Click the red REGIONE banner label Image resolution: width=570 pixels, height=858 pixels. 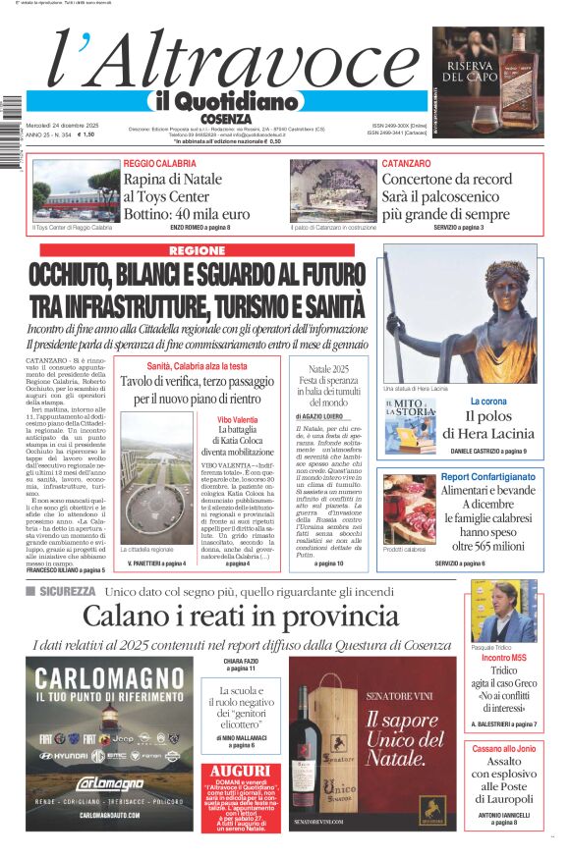click(x=198, y=251)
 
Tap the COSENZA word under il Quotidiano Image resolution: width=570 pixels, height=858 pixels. click(x=225, y=118)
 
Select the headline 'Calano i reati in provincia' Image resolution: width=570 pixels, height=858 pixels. click(x=240, y=617)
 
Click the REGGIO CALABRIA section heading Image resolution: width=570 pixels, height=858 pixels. click(x=159, y=163)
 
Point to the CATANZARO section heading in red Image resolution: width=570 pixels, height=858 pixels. click(x=406, y=163)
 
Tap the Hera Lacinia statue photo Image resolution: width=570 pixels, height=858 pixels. click(x=461, y=314)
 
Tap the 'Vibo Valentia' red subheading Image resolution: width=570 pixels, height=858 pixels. click(x=239, y=419)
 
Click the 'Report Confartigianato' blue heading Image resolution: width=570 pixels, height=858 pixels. click(x=488, y=476)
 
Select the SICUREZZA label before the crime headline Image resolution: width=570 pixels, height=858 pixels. click(x=68, y=591)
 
